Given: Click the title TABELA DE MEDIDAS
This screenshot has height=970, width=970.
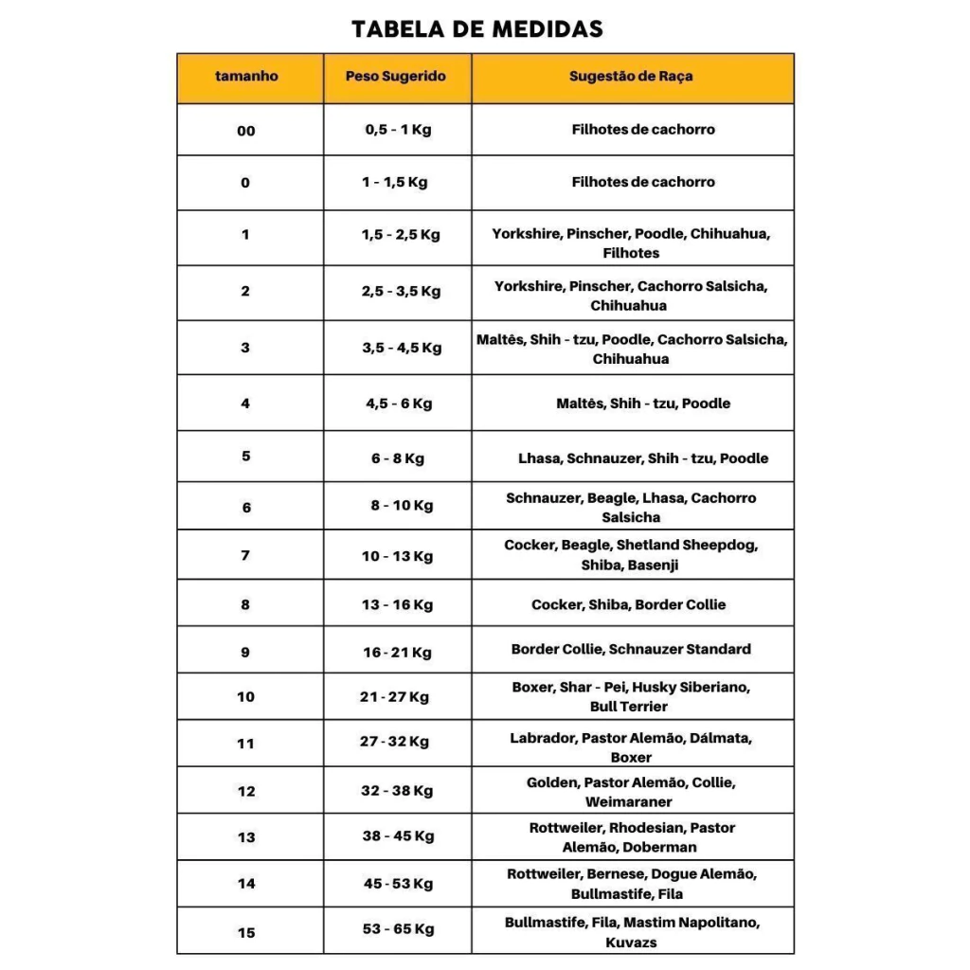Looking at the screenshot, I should pos(476,28).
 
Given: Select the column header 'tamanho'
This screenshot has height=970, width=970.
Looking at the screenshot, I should pos(246,76).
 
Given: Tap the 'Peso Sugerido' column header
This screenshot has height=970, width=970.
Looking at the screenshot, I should pos(395,76).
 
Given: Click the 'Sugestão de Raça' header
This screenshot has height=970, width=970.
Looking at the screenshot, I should pos(631,76).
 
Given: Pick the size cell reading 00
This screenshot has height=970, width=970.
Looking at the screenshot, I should pos(246,131).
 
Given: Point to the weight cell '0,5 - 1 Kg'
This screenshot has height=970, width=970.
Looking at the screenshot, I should pos(398,130).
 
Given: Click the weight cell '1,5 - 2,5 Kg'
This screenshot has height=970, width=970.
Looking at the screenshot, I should pos(400,235).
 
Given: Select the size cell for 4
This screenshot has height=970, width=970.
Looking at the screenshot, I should pos(245,404).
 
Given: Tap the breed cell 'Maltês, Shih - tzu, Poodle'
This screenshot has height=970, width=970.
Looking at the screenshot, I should pos(643,404).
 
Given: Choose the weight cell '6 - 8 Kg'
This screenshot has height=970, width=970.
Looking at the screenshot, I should pos(398,458).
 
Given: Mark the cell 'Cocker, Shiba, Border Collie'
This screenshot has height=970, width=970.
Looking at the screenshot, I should pos(629,604).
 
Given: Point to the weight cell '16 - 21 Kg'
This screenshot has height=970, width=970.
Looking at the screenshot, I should pos(397,653).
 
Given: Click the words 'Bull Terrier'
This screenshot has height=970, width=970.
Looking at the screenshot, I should pos(629,707).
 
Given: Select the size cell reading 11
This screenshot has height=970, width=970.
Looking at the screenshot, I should pos(246,744).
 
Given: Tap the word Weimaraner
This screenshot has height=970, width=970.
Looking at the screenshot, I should pos(629,802).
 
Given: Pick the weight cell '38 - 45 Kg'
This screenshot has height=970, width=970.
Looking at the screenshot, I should pos(398,836).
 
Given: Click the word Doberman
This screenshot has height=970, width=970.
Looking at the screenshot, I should pos(660,848).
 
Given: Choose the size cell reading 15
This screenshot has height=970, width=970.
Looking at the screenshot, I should pos(246,933).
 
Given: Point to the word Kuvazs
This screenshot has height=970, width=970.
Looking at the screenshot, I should pos(631,943).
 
